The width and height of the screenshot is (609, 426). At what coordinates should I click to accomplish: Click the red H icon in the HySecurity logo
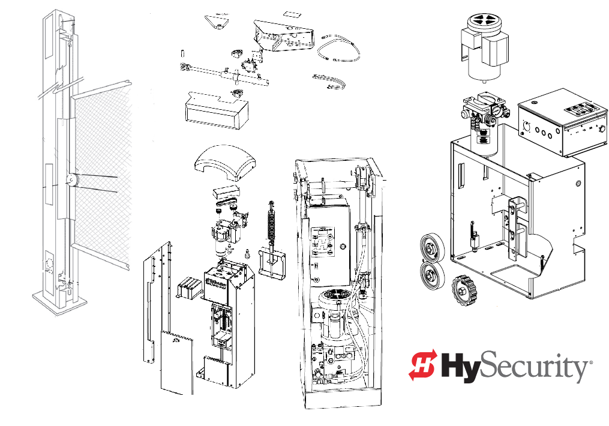pyautogui.click(x=424, y=365)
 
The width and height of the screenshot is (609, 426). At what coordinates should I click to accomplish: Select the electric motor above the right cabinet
pyautogui.click(x=483, y=46)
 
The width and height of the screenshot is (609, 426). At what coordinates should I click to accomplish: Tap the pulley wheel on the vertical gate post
pyautogui.click(x=71, y=179)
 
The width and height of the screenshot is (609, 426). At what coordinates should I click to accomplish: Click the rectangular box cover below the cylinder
pyautogui.click(x=213, y=111)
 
